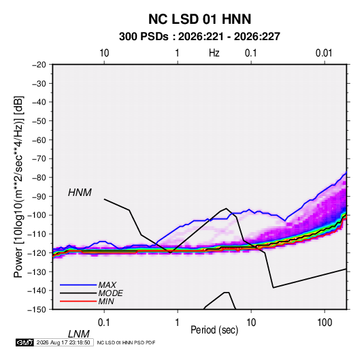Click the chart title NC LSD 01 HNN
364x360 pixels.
199,19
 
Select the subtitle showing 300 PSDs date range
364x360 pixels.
199,37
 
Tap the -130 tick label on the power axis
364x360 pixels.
37,272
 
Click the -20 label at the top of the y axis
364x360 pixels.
39,65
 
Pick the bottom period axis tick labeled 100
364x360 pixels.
325,322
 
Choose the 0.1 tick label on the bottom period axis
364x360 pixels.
103,322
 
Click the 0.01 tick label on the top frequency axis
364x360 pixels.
324,53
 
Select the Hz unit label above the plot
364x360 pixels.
214,53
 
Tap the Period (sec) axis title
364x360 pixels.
214,330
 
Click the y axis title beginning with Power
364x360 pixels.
18,186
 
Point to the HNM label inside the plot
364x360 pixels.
80,193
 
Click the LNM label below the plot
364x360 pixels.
78,334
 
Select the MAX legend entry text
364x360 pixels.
107,284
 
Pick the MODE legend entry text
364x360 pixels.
110,293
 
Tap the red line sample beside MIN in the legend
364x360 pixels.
78,301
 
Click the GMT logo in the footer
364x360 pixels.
24,342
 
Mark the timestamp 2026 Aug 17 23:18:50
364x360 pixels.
63,342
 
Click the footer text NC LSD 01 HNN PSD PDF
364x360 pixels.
126,342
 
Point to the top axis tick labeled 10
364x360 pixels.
104,53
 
